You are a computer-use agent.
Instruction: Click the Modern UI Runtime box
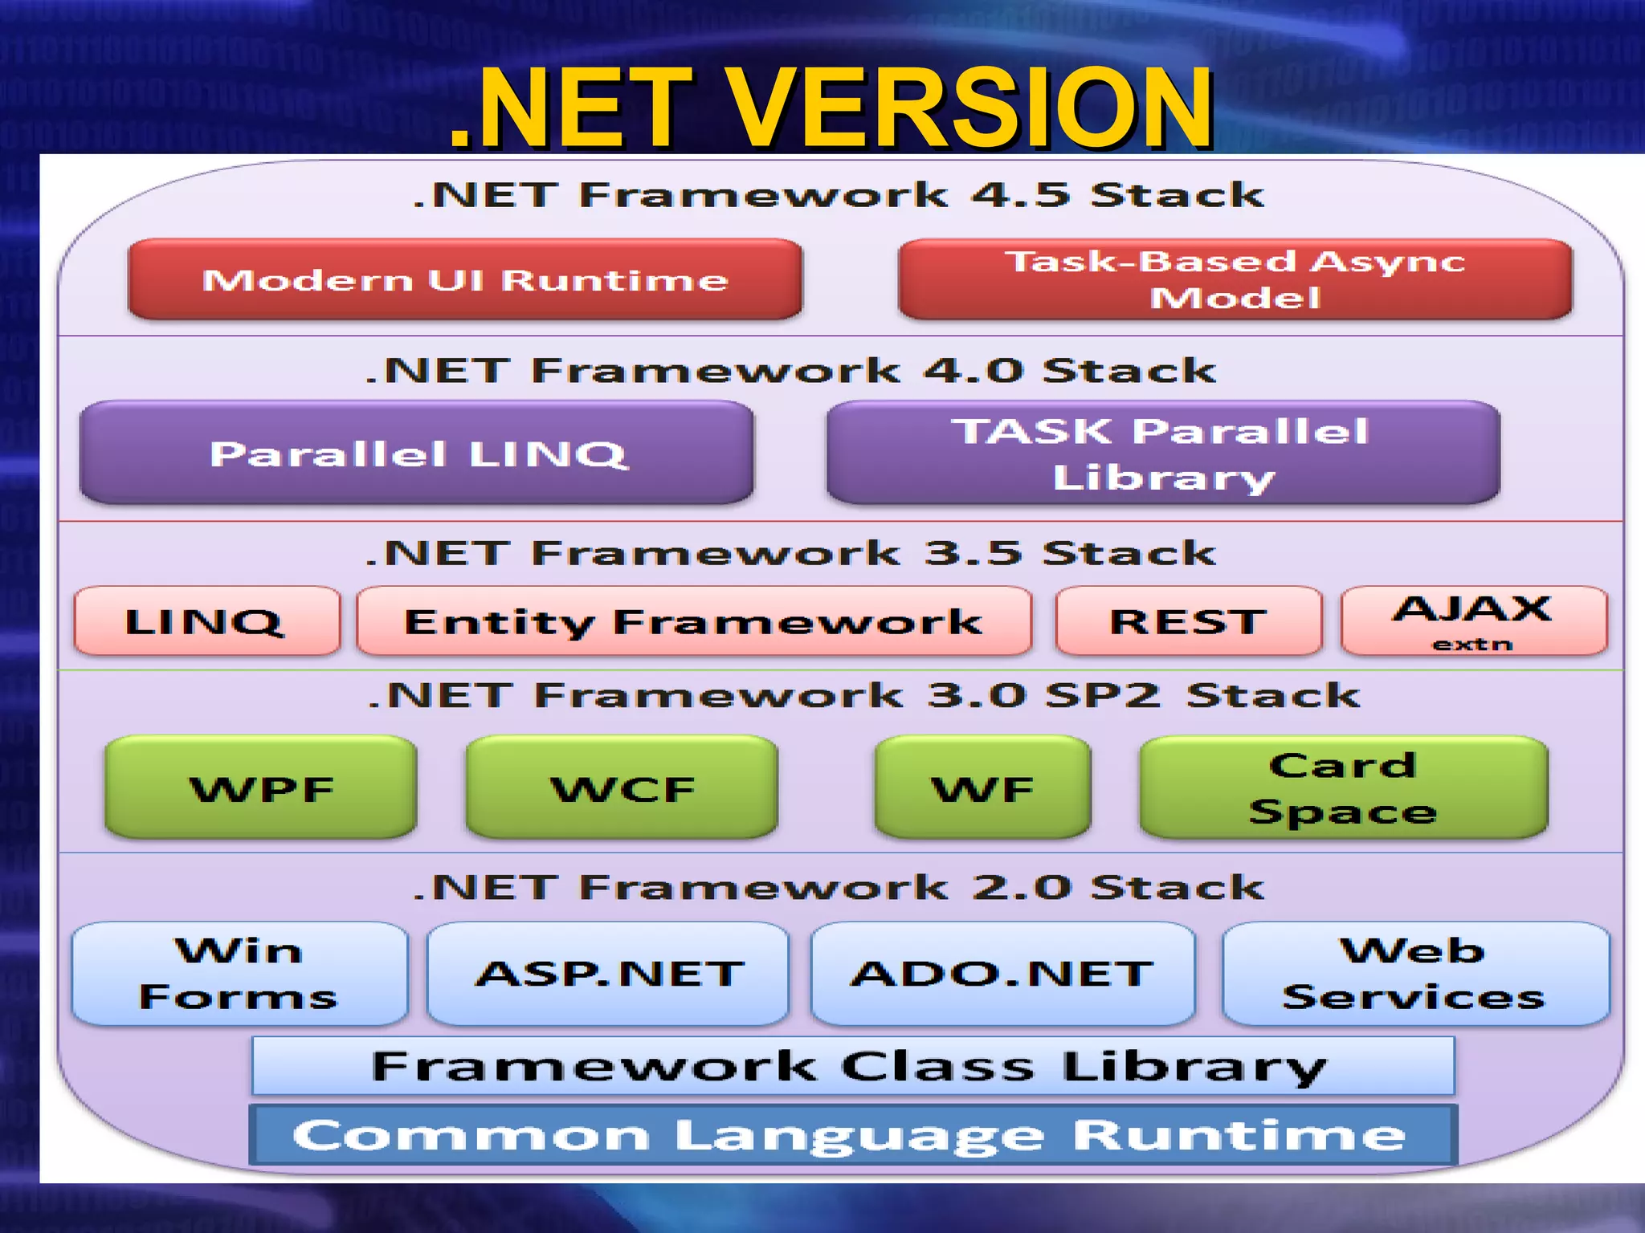465,279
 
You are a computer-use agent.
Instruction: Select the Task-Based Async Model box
1235,279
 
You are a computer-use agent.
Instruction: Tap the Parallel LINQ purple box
417,453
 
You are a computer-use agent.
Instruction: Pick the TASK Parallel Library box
1162,453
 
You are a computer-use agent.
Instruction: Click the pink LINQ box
206,621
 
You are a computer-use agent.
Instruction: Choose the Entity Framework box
693,621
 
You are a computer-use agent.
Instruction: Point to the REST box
1188,621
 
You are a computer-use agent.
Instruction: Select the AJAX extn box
1474,621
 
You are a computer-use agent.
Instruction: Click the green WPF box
261,787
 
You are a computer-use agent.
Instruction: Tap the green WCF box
622,787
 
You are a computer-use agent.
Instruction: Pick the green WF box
982,787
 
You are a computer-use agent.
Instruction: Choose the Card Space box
1343,787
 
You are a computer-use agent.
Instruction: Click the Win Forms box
239,973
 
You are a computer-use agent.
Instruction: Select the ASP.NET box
608,973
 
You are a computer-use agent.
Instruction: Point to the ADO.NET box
1002,973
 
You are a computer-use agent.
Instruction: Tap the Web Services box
1415,973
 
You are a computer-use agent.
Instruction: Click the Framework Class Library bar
852,1066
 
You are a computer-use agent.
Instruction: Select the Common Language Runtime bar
852,1134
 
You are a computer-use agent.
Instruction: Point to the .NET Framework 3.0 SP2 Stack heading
863,695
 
